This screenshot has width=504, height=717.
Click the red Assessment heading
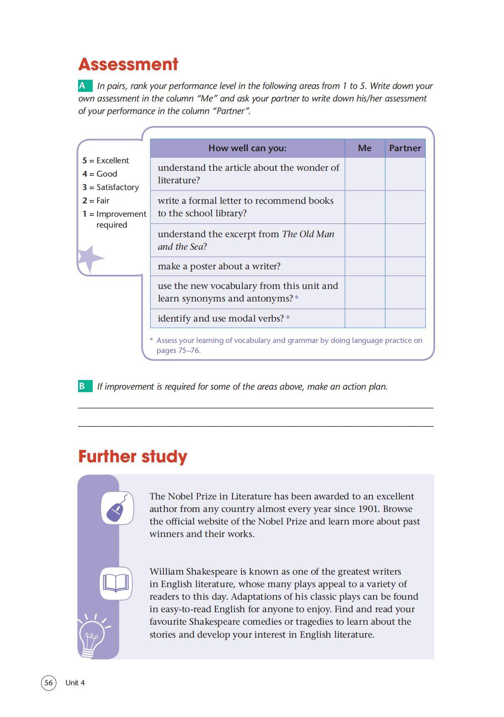tap(128, 64)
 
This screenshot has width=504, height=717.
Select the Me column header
tap(365, 148)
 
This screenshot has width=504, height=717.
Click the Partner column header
tap(405, 148)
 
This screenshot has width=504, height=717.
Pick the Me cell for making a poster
tap(365, 266)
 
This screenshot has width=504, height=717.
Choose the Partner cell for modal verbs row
tap(405, 318)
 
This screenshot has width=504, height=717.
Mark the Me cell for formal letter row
tap(365, 207)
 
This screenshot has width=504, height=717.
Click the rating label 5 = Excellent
tap(106, 160)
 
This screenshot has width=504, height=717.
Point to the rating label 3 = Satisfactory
tap(111, 187)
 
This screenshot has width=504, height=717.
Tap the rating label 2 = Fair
tap(96, 200)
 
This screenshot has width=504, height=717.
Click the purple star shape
tap(89, 258)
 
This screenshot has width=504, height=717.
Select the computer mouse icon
tap(117, 508)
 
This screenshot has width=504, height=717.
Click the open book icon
tap(116, 583)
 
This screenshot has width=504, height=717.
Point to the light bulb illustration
tap(92, 635)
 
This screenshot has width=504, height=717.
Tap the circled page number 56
tap(48, 682)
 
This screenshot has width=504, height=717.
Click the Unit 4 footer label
tap(75, 682)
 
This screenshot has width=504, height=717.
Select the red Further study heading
tap(133, 456)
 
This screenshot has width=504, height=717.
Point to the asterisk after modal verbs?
tap(288, 318)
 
